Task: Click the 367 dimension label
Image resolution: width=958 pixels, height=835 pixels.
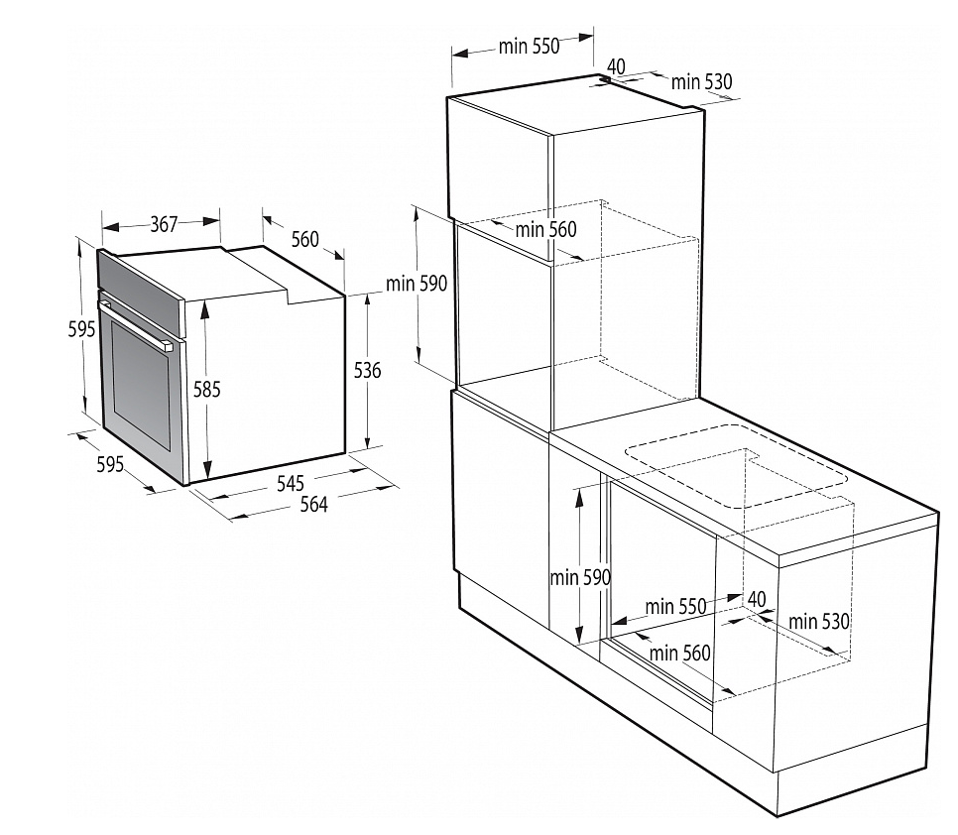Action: (164, 225)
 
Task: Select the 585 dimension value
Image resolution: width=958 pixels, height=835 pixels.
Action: (206, 390)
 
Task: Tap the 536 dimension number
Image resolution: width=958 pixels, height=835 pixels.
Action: (367, 370)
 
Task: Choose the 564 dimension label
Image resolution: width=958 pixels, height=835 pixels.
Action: (313, 504)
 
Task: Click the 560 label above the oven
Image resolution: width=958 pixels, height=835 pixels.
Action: (305, 239)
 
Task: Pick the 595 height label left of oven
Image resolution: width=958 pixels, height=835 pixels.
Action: (82, 329)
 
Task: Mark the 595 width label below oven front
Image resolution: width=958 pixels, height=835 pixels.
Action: (110, 463)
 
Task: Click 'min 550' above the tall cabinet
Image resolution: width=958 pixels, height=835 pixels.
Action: (530, 46)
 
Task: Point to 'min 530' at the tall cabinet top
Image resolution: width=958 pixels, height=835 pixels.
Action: (702, 82)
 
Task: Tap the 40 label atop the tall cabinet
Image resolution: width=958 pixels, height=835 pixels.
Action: (616, 66)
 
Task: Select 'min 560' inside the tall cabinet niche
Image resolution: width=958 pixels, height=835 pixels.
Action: (545, 229)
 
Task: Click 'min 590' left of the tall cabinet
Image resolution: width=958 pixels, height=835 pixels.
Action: (417, 284)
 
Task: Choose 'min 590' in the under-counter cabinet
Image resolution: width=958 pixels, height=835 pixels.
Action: (580, 577)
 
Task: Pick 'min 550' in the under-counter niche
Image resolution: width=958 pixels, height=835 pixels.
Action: (675, 606)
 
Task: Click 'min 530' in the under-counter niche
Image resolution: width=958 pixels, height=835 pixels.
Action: (819, 622)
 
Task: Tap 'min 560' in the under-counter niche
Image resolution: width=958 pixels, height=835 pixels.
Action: (680, 653)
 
